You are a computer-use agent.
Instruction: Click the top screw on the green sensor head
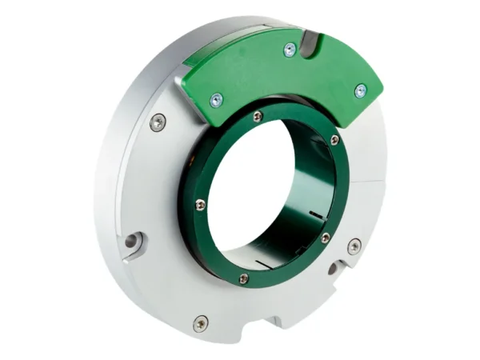(x=290, y=50)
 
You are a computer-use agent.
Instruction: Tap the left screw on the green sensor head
(x=216, y=100)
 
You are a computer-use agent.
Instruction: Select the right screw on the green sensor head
(x=361, y=90)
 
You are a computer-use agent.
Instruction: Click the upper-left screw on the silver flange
(x=158, y=122)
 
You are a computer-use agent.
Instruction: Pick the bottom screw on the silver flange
(x=200, y=323)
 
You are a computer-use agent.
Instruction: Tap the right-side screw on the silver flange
(x=354, y=246)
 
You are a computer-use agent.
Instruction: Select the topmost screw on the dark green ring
(x=257, y=117)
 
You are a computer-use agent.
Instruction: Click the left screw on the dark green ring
(x=200, y=205)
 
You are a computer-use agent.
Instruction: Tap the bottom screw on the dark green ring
(x=243, y=278)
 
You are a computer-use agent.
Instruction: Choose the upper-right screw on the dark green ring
(x=334, y=140)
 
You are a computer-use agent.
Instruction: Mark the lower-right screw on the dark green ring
(x=325, y=238)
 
